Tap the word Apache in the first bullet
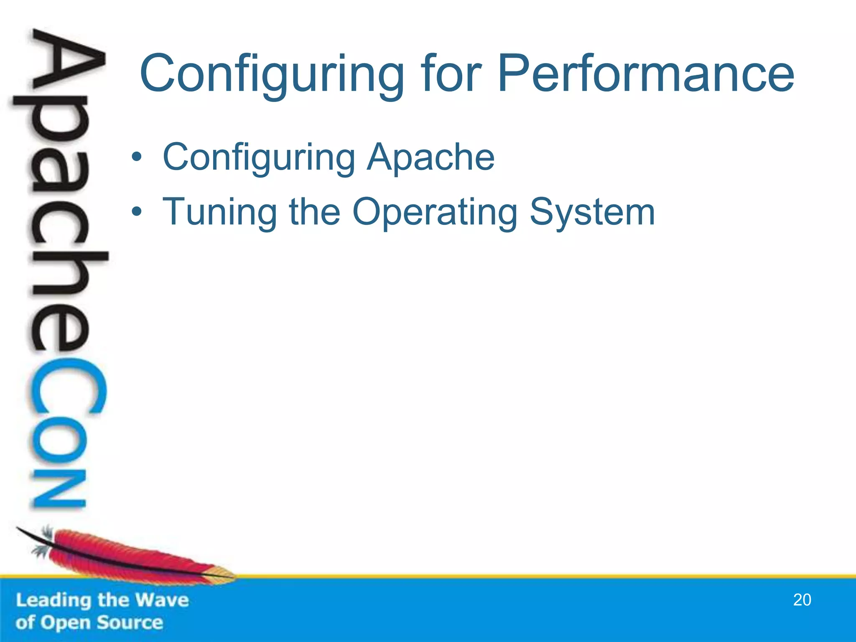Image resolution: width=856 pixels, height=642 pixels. click(431, 157)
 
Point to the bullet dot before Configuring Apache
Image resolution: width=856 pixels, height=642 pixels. click(136, 158)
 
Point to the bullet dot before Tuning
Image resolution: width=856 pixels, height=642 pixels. click(136, 212)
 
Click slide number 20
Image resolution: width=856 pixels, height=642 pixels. click(802, 600)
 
